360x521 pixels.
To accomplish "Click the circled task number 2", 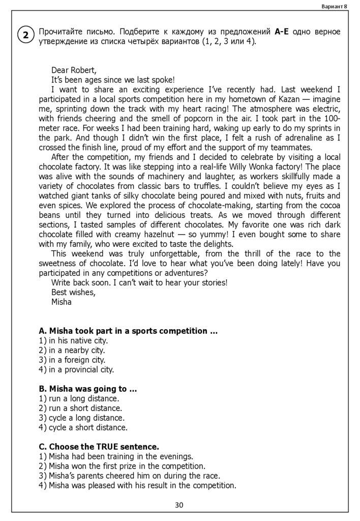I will [x=25, y=36].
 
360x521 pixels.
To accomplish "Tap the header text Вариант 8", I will [x=334, y=6].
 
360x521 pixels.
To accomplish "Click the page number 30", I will [x=179, y=505].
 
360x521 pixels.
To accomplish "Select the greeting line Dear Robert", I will [x=74, y=70].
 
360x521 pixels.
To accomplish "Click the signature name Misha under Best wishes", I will [x=62, y=302].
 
